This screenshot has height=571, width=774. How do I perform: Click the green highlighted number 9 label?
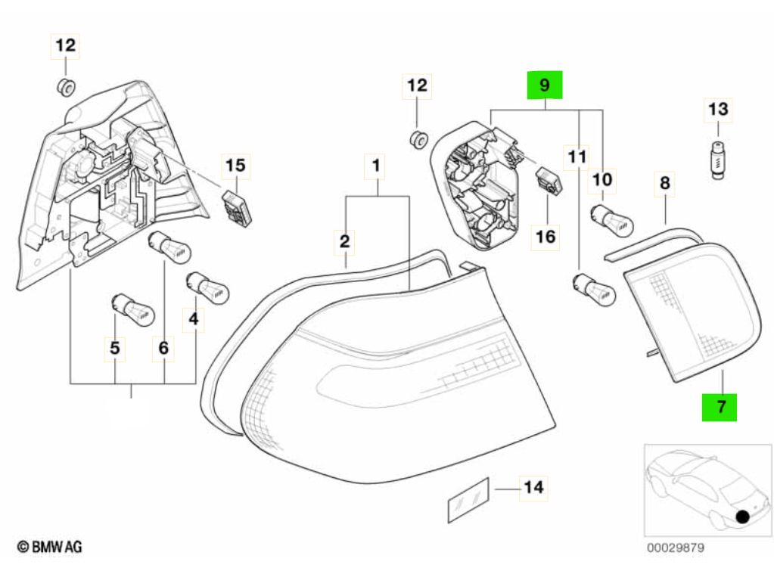click(x=545, y=85)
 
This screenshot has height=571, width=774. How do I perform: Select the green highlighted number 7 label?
click(x=720, y=407)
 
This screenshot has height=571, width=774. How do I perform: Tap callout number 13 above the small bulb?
click(x=718, y=110)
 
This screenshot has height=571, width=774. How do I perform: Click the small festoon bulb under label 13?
click(x=718, y=160)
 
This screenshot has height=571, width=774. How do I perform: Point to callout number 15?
click(x=235, y=166)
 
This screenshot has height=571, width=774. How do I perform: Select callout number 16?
click(x=546, y=237)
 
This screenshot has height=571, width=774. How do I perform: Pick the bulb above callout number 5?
click(x=134, y=310)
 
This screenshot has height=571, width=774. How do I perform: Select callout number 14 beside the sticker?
click(x=533, y=488)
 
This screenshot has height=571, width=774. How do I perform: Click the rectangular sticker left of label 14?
click(x=468, y=500)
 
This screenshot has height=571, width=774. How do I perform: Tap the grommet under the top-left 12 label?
click(x=66, y=88)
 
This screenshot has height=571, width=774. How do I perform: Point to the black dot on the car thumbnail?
click(x=742, y=517)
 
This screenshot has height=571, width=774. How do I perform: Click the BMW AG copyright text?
click(x=50, y=547)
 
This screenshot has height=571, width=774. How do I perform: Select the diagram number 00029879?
click(x=676, y=548)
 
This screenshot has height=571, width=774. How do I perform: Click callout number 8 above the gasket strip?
click(x=665, y=183)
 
